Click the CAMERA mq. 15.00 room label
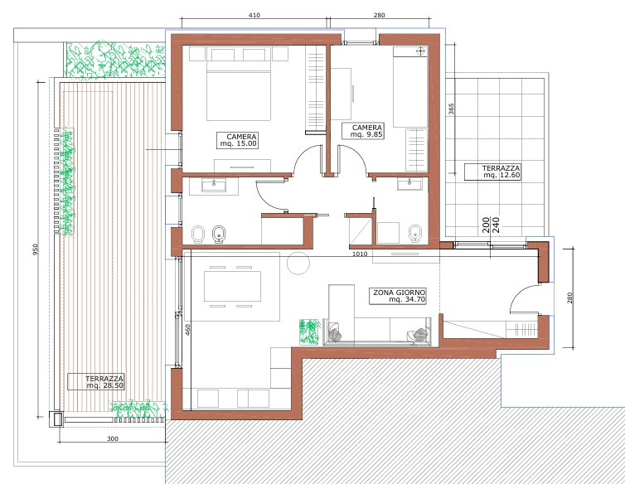click(x=238, y=140)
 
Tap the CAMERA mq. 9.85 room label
click(x=363, y=131)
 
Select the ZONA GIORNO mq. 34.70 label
click(x=397, y=296)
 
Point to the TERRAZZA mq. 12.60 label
click(x=492, y=172)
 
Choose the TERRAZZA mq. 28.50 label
click(x=96, y=381)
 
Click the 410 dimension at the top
click(x=254, y=15)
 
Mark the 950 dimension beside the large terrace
click(x=35, y=249)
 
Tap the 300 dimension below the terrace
click(x=113, y=438)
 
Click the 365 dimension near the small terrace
click(x=451, y=109)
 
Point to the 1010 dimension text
click(x=360, y=254)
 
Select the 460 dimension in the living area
click(x=187, y=330)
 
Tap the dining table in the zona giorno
click(x=232, y=286)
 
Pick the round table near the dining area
click(x=298, y=263)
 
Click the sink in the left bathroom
click(x=214, y=185)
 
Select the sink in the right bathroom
click(x=409, y=185)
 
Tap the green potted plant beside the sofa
click(x=310, y=332)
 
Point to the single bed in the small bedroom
click(x=410, y=87)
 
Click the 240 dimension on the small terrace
click(x=496, y=225)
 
